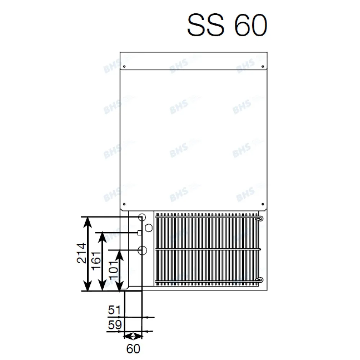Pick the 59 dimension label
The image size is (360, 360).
[x=115, y=325]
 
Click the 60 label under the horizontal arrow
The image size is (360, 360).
[x=133, y=348]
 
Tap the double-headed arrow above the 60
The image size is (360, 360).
[x=133, y=336]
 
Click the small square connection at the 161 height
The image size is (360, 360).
[x=139, y=233]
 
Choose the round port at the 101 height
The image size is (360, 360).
[x=142, y=249]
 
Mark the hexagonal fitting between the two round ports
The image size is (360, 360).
[x=149, y=227]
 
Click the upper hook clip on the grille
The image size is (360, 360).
[x=260, y=218]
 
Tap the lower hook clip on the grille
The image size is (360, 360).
[x=260, y=279]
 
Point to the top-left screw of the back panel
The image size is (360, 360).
[x=124, y=67]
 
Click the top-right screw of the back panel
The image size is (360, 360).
[x=263, y=67]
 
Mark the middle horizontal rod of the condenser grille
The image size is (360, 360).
[x=207, y=249]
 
